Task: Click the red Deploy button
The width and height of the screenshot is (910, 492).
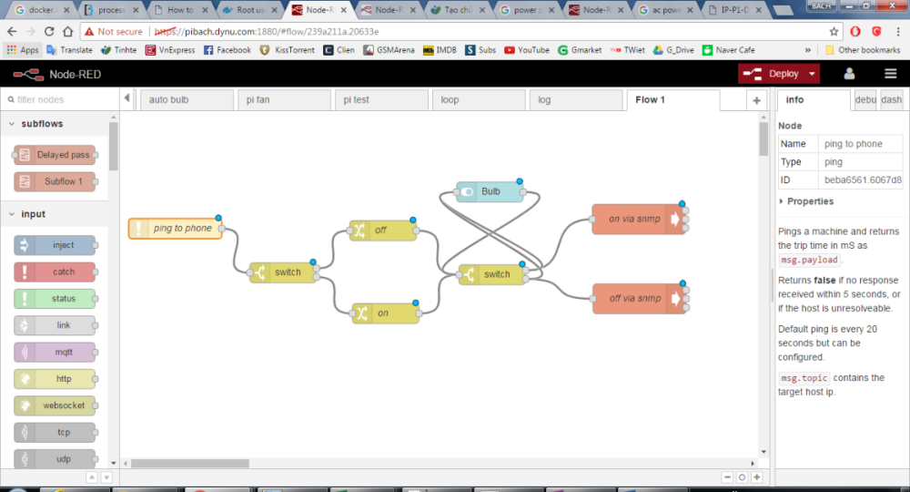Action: tap(778, 74)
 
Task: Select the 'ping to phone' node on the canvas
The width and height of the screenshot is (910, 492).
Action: tap(177, 228)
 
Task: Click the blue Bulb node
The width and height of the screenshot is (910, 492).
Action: tap(490, 191)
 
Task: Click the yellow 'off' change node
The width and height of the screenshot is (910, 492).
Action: tap(382, 231)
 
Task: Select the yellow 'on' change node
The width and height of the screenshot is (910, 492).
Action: tap(384, 313)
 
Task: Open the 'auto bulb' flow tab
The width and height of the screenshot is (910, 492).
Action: tap(169, 100)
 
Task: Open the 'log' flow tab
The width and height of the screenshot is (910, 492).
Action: tap(545, 100)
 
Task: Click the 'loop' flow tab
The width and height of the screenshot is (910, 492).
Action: tap(450, 100)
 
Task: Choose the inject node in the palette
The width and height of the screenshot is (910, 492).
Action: tap(56, 245)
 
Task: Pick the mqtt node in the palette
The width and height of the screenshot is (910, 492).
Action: tap(56, 352)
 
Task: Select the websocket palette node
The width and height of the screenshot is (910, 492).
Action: tap(56, 405)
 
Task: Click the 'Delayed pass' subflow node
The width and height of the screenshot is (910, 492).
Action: tap(56, 155)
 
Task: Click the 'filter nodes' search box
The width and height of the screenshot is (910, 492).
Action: tap(59, 99)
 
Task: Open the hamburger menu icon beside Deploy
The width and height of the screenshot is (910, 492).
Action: tap(891, 74)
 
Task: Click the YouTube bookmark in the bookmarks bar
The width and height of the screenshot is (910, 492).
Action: tap(528, 50)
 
